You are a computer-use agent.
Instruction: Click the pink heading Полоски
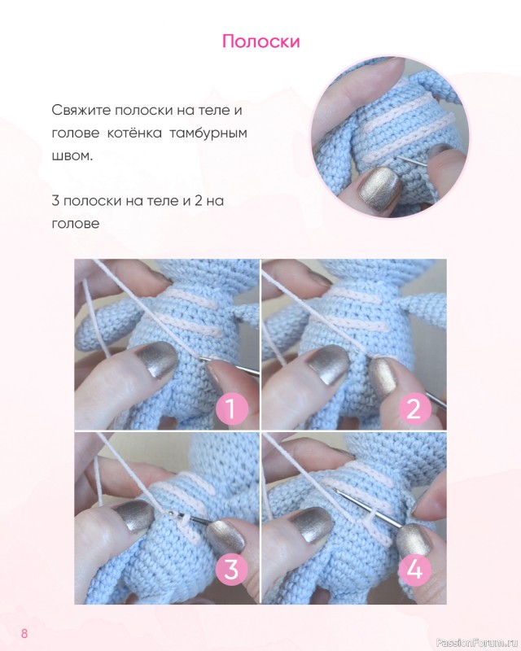[261, 42]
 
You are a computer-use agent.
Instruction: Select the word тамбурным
[208, 133]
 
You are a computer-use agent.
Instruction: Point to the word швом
[72, 156]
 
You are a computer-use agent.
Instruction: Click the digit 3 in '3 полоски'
[55, 201]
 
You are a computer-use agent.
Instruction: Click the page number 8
[24, 634]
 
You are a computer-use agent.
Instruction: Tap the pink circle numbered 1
[232, 409]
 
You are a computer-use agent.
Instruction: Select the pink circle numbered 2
[414, 409]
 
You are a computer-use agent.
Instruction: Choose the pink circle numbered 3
[232, 570]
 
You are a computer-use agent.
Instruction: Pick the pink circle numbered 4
[414, 570]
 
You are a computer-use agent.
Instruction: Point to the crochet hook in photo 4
[367, 508]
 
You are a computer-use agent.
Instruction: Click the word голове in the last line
[76, 224]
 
